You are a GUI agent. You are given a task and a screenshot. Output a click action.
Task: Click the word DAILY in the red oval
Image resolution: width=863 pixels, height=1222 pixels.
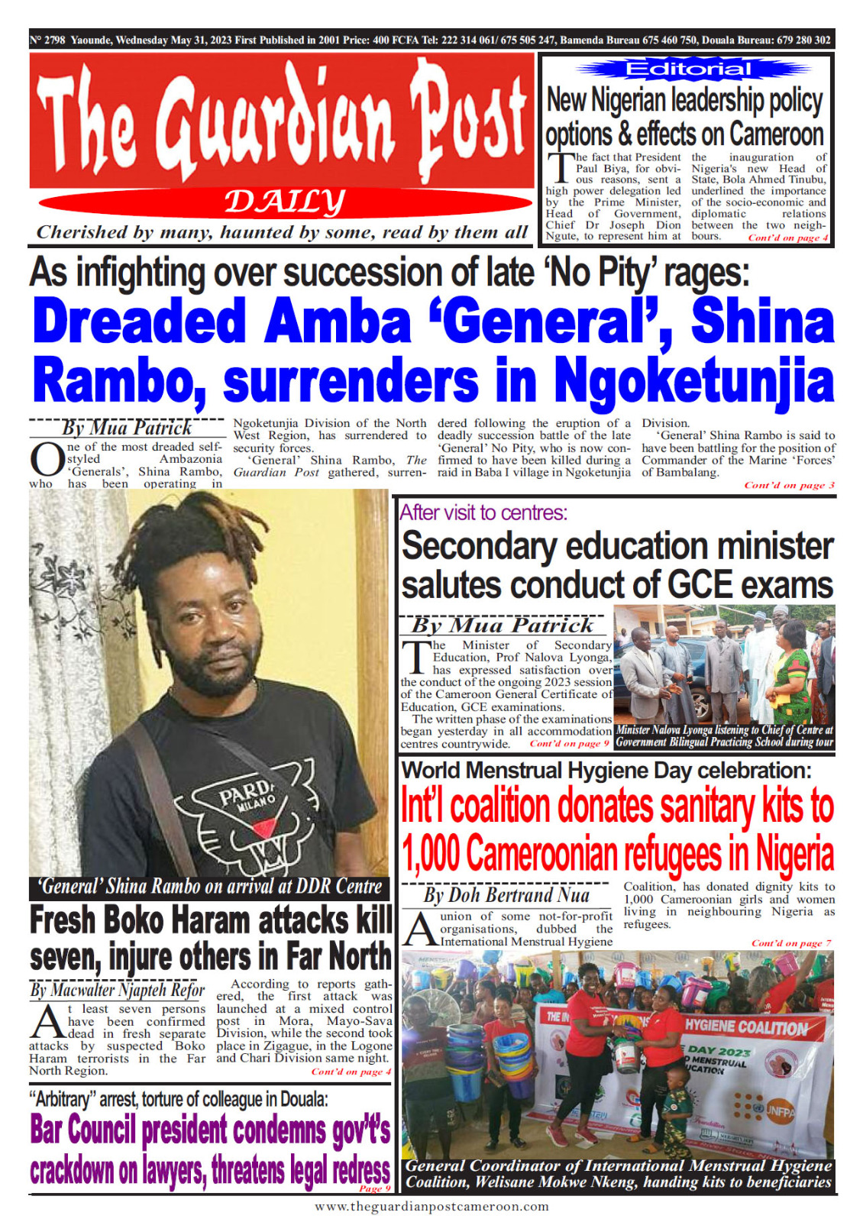point(284,202)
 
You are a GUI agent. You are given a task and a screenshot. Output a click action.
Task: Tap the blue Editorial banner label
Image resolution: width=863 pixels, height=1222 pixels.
point(687,70)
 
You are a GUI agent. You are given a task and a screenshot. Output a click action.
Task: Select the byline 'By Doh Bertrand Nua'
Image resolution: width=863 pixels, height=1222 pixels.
point(506,895)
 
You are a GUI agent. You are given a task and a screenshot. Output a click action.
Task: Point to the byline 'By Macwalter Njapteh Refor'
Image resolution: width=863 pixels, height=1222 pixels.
point(117,991)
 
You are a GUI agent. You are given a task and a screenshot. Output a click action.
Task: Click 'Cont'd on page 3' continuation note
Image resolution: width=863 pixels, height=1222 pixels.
point(789,485)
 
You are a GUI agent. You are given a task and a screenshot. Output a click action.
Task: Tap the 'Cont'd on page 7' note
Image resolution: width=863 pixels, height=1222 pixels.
point(790,943)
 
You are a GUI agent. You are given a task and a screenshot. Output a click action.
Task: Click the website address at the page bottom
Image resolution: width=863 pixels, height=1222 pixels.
point(431,1207)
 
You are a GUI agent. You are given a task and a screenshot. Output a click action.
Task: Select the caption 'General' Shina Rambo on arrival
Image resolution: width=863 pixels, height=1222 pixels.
point(210,887)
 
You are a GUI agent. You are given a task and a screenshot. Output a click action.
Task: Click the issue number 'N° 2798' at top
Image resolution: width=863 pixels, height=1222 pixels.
point(47,40)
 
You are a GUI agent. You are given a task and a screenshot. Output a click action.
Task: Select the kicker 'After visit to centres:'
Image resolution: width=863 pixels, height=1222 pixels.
point(483,512)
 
